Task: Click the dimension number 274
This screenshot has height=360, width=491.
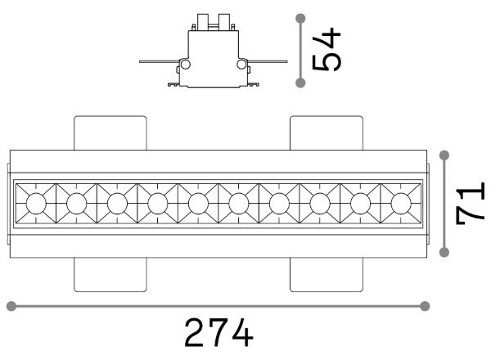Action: pos(218,332)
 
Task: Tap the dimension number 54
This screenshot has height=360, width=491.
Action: pos(327,49)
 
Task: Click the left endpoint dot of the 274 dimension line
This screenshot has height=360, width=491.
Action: pos(11,306)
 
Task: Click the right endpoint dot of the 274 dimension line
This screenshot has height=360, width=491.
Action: pos(425,306)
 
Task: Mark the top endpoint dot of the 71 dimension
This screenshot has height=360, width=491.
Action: pos(444,155)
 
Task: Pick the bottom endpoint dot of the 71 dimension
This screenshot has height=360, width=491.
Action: pos(444,252)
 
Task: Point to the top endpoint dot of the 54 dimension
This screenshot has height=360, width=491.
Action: pos(300,18)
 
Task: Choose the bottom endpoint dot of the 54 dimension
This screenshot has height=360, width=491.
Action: pos(300,83)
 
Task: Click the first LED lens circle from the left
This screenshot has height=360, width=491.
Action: pos(36,204)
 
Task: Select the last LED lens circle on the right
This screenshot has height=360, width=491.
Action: pos(401,204)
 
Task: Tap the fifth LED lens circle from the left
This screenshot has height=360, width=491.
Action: pos(198,204)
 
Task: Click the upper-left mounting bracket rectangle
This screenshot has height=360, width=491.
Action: pos(110,133)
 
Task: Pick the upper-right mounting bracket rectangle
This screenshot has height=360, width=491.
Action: pos(327,133)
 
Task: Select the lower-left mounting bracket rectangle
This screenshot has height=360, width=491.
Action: pos(110,275)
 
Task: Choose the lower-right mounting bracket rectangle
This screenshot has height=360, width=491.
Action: pos(327,275)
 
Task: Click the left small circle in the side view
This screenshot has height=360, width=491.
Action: pos(186,65)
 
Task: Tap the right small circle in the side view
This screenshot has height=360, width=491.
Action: pos(241,65)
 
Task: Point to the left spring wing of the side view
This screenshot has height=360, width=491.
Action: pos(159,61)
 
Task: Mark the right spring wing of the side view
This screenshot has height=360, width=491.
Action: pos(268,61)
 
